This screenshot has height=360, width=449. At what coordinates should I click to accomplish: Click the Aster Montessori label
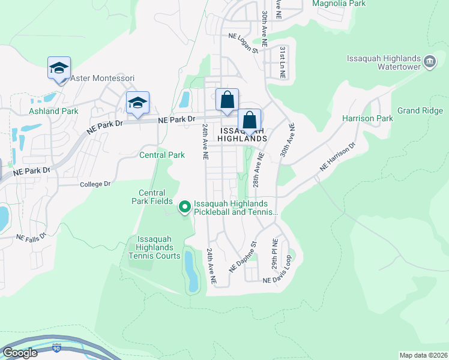tap(102, 78)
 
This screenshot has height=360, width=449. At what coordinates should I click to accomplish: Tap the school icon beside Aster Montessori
tap(59, 68)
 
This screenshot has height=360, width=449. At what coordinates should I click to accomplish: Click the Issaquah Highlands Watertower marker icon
tap(430, 61)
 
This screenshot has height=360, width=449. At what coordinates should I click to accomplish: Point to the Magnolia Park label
tap(339, 4)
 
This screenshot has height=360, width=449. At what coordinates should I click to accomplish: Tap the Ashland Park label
tap(53, 111)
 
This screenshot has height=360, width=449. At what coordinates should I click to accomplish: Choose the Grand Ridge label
tap(420, 111)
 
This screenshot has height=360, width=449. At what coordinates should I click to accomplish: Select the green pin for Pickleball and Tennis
tap(185, 207)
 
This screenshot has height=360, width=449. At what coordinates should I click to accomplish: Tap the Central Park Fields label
tap(152, 197)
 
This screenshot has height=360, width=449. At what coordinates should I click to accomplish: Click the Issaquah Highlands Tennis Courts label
tap(154, 247)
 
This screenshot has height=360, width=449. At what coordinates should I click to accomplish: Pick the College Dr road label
tap(95, 184)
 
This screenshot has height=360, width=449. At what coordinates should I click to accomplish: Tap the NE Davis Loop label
tap(276, 280)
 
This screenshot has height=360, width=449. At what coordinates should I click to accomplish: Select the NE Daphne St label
tap(243, 257)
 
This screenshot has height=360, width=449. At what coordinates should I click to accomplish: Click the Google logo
tap(20, 353)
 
